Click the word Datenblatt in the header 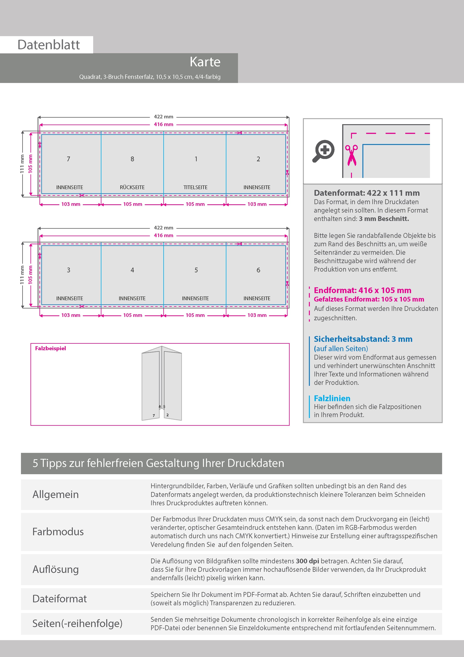(49, 45)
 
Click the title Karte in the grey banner (205, 62)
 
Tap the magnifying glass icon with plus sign (323, 151)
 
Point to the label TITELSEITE (195, 187)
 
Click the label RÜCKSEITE (132, 187)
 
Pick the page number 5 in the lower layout (196, 270)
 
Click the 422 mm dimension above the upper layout (164, 117)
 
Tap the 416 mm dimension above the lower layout (164, 235)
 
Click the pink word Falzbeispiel (50, 348)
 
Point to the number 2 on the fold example (167, 415)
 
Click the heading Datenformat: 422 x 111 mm (367, 193)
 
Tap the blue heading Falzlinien (332, 398)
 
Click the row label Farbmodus (58, 532)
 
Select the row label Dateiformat (59, 599)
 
